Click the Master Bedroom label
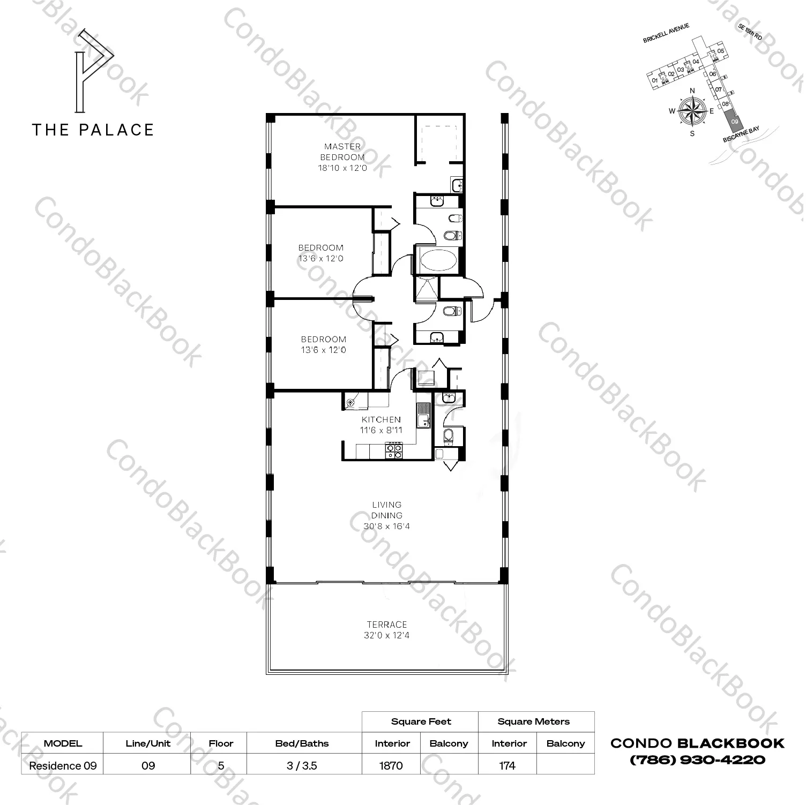342,152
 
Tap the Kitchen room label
381,419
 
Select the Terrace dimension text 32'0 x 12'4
387,636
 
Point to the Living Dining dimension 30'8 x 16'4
387,526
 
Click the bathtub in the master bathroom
439,261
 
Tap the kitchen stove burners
394,450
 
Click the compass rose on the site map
692,112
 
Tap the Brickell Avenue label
666,33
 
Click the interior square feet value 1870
391,765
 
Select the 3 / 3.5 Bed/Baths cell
302,765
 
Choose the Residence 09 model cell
63,765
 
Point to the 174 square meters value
507,765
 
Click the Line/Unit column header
148,743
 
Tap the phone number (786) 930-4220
697,759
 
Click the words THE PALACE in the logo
93,130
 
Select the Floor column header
221,743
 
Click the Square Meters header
533,721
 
